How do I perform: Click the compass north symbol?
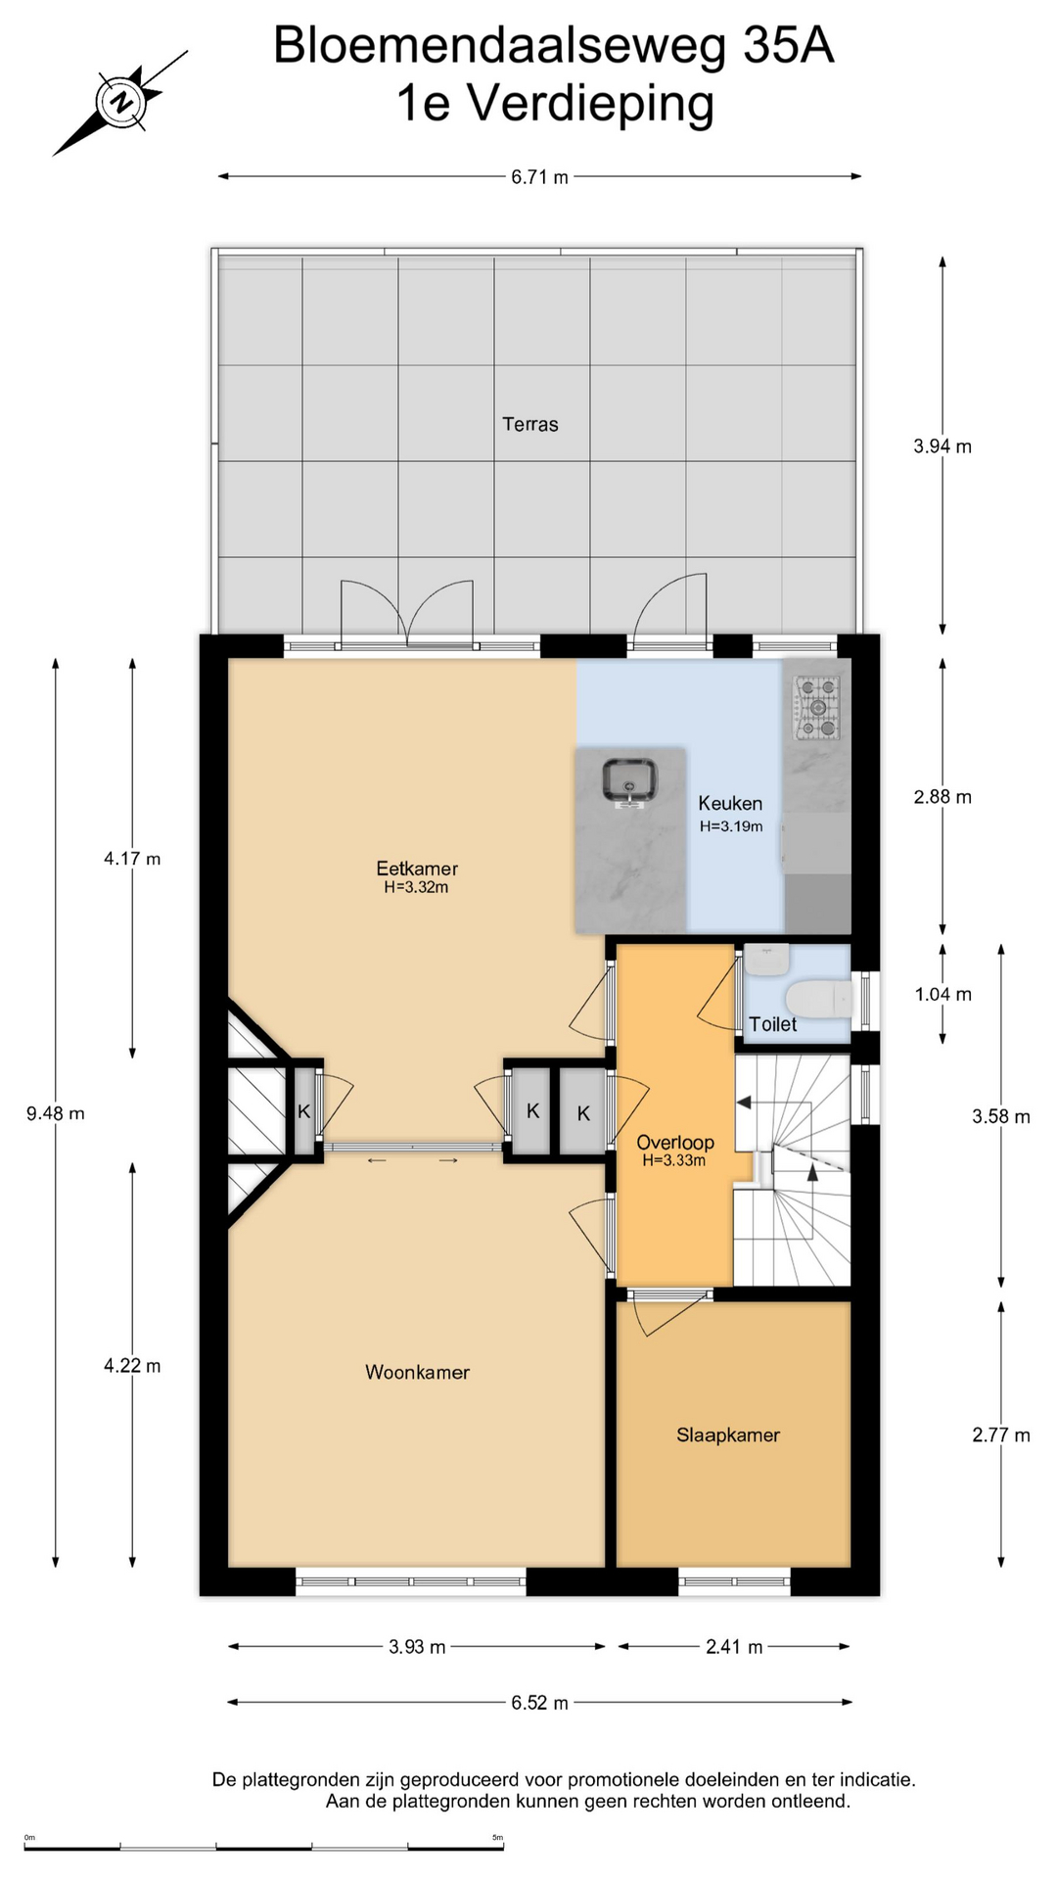pyautogui.click(x=120, y=102)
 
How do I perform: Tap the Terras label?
pyautogui.click(x=530, y=424)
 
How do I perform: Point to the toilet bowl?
pyautogui.click(x=820, y=1000)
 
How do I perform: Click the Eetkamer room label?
pyautogui.click(x=417, y=868)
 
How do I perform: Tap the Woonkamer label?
pyautogui.click(x=417, y=1372)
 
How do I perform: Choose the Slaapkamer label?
pyautogui.click(x=728, y=1434)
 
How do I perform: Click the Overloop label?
pyautogui.click(x=675, y=1142)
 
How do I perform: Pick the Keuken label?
pyautogui.click(x=730, y=803)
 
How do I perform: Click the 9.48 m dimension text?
pyautogui.click(x=56, y=1112)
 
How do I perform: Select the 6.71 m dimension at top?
pyautogui.click(x=539, y=177)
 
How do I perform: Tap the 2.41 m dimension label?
pyautogui.click(x=734, y=1647)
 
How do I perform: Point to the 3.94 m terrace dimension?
pyautogui.click(x=942, y=446)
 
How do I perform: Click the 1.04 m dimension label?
pyautogui.click(x=943, y=995)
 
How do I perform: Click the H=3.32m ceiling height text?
pyautogui.click(x=417, y=887)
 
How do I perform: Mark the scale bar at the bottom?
pyautogui.click(x=263, y=1846)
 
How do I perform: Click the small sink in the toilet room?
pyautogui.click(x=766, y=959)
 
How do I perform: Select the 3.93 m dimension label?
pyautogui.click(x=417, y=1647)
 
